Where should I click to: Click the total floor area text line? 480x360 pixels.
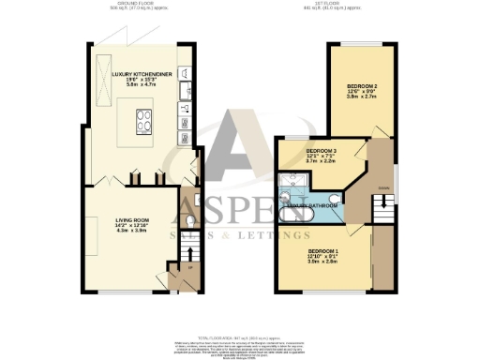240,335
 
